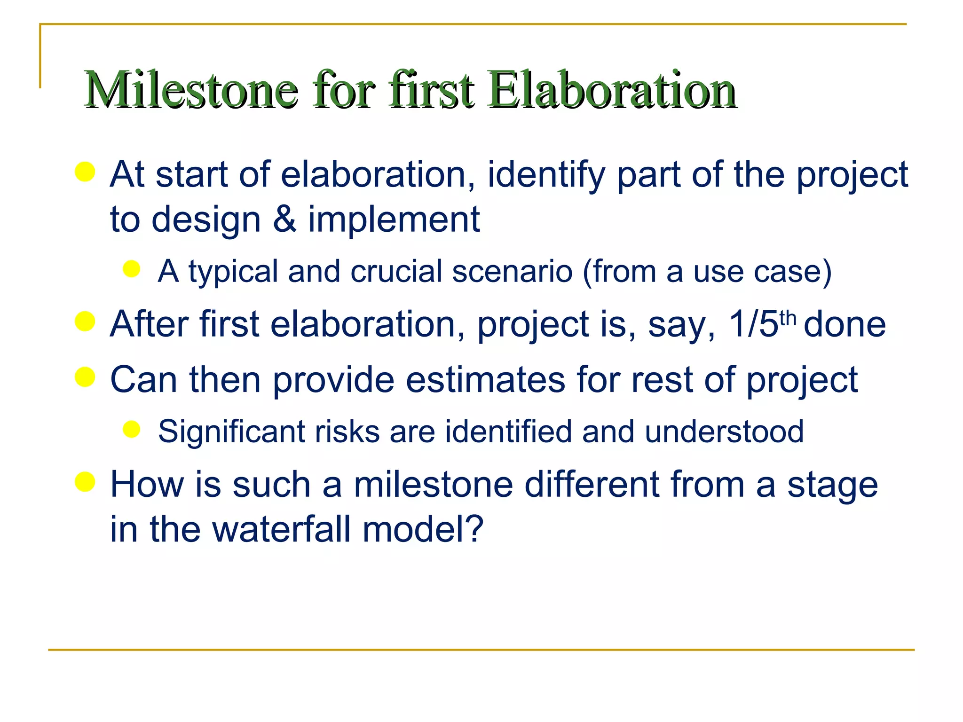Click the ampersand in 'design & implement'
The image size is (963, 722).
(284, 220)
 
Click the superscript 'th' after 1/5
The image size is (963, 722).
(788, 319)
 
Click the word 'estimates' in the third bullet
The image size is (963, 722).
(486, 380)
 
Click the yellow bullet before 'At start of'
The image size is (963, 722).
(85, 172)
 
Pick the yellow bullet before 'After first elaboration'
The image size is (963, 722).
(85, 322)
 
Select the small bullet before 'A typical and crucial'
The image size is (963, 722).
(132, 269)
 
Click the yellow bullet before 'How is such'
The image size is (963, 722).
(85, 482)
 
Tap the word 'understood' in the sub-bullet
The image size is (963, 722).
(724, 432)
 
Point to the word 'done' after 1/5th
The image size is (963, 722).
(845, 324)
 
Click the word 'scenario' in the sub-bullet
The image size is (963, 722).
(512, 272)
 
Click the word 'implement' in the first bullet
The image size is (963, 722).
(394, 220)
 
